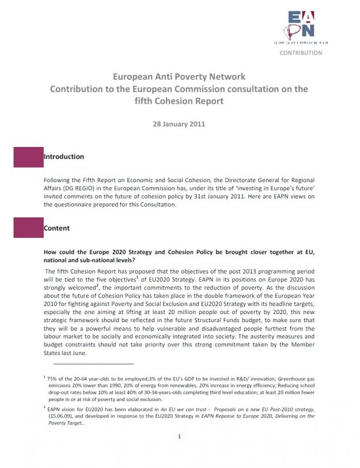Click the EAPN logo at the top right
tap(301, 24)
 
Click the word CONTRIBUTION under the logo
tap(301, 53)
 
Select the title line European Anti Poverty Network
tap(179, 77)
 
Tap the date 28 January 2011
tap(179, 123)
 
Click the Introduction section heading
tap(64, 157)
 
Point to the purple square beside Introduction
tap(28, 157)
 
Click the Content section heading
tap(56, 228)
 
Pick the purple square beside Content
tap(28, 228)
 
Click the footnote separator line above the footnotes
tap(93, 364)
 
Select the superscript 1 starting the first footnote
tap(45, 376)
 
